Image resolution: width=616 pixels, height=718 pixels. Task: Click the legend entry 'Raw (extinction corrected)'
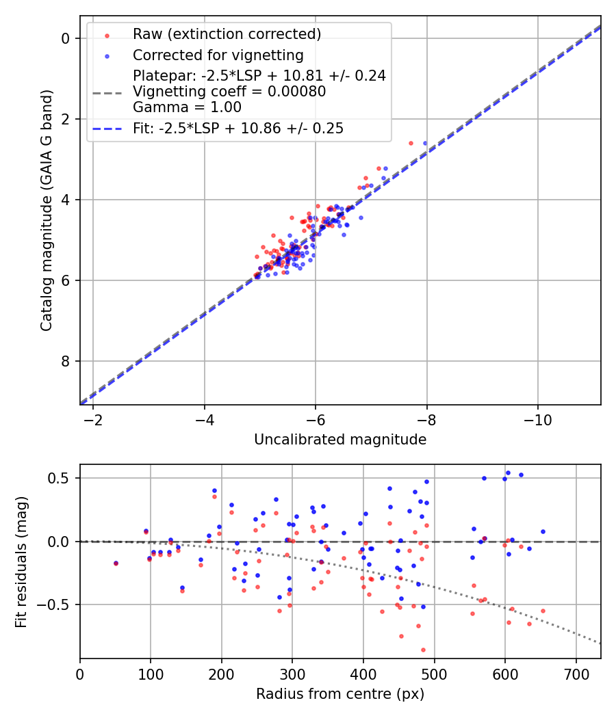pyautogui.click(x=227, y=34)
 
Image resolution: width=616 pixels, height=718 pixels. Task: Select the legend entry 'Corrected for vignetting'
pyautogui.click(x=218, y=55)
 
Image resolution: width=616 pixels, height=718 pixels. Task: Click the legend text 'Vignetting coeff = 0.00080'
pyautogui.click(x=229, y=92)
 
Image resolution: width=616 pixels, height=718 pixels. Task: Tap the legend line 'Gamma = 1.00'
pyautogui.click(x=187, y=107)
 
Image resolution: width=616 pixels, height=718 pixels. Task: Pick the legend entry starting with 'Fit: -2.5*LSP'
pyautogui.click(x=238, y=129)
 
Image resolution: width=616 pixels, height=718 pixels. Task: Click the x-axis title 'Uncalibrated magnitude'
pyautogui.click(x=340, y=440)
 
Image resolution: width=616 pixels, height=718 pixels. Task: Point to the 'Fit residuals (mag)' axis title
pyautogui.click(x=21, y=561)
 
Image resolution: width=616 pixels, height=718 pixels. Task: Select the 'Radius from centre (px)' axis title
pyautogui.click(x=340, y=694)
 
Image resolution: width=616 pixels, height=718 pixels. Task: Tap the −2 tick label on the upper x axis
pyautogui.click(x=93, y=421)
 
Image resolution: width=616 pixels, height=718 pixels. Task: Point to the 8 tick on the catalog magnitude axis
pyautogui.click(x=66, y=361)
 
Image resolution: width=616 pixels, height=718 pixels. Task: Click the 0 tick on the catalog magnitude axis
pyautogui.click(x=66, y=38)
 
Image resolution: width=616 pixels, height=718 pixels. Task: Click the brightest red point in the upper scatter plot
pyautogui.click(x=411, y=143)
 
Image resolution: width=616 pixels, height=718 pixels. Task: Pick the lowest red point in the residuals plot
pyautogui.click(x=423, y=650)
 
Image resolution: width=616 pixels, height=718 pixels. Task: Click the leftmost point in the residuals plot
pyautogui.click(x=116, y=563)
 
